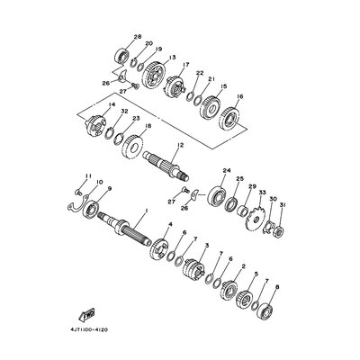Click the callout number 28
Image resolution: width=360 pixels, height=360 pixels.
(138, 37)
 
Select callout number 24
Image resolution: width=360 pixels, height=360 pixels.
(227, 170)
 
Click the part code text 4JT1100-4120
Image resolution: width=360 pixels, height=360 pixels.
(96, 330)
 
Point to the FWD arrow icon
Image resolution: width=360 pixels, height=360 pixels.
(87, 313)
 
